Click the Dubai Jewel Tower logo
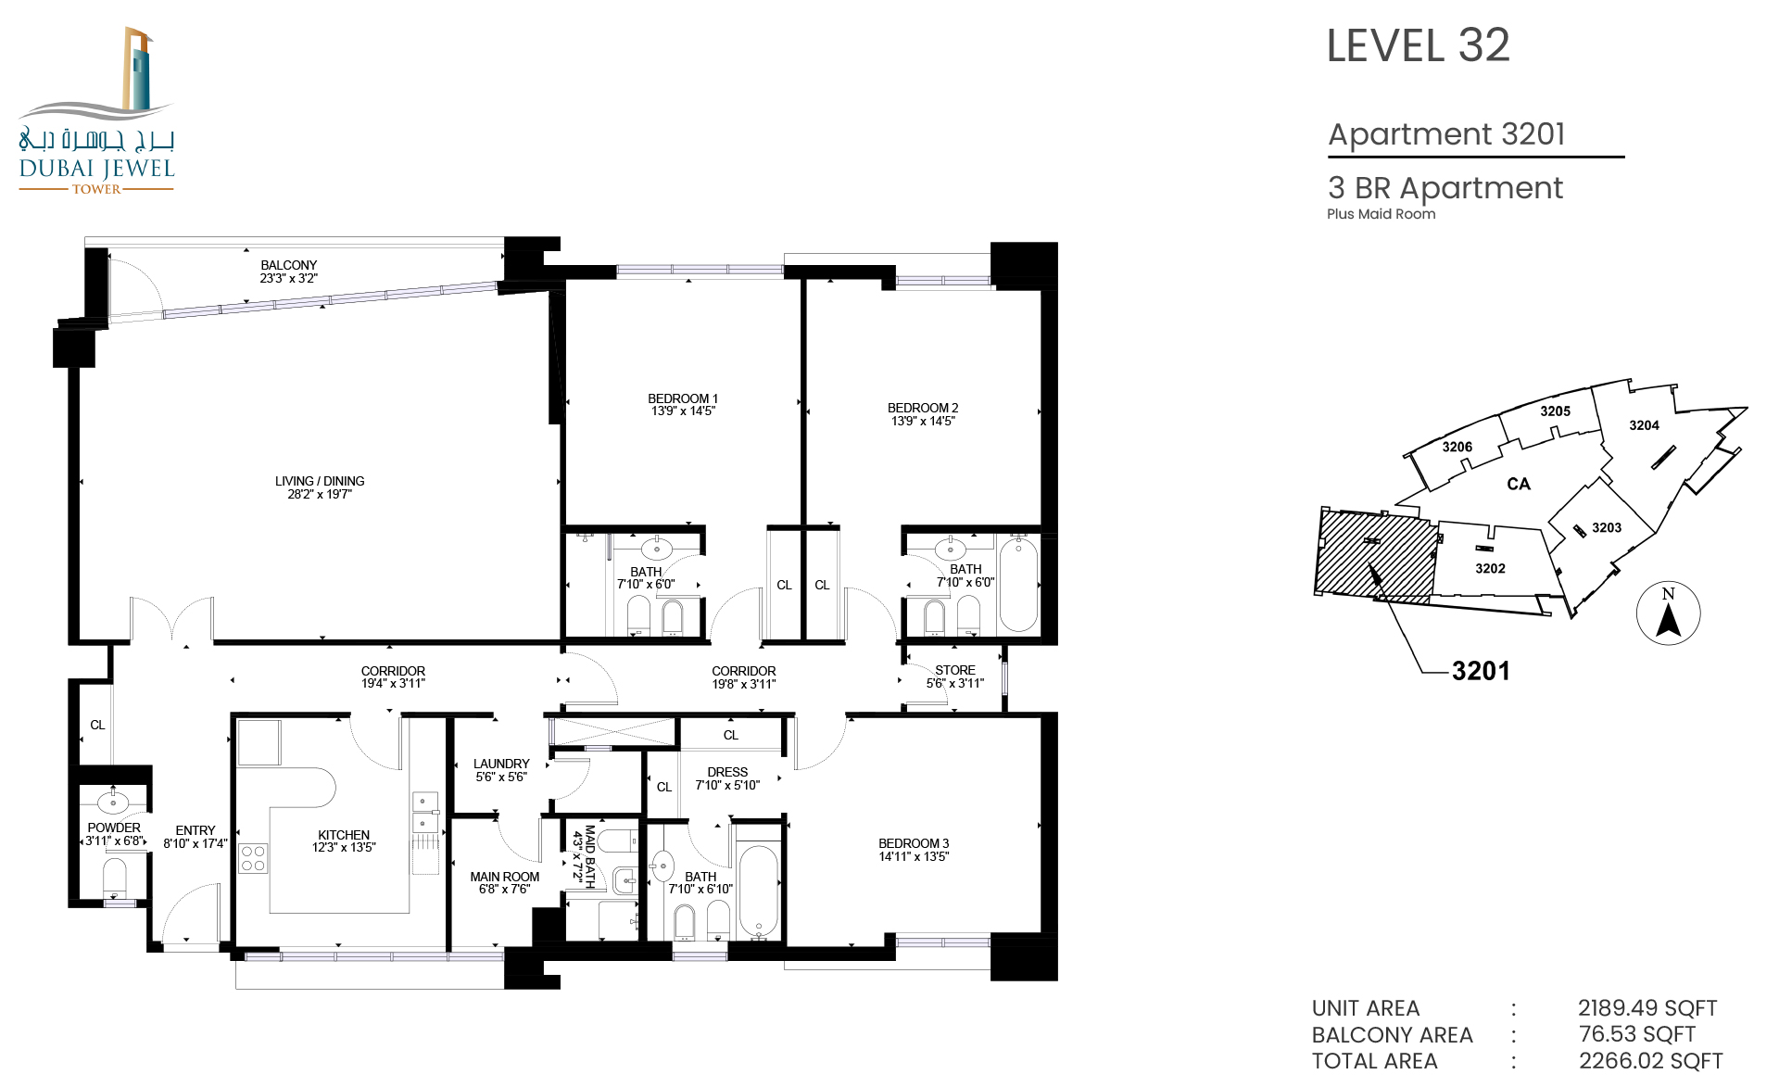(96, 110)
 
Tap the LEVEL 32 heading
(1418, 45)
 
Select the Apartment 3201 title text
(1446, 134)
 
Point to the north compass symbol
(1668, 613)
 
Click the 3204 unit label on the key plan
(1644, 425)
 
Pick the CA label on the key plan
(1519, 484)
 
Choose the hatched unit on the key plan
(1375, 555)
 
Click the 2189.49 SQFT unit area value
(1647, 1008)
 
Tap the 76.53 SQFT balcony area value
(1637, 1034)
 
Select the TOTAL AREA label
(1374, 1061)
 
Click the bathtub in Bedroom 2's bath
(1018, 585)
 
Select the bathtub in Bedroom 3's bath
(759, 891)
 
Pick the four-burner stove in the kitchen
(253, 858)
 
